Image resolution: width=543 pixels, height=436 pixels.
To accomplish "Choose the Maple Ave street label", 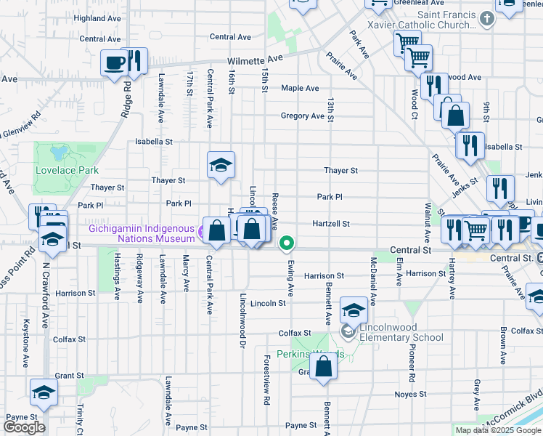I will [x=300, y=89].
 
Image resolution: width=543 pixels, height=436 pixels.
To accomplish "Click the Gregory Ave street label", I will [x=303, y=116].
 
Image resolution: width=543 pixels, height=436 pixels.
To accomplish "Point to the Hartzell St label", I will [x=332, y=224].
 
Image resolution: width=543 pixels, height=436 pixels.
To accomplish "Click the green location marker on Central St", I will [x=287, y=243].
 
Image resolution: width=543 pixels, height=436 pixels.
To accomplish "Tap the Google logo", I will [x=24, y=427].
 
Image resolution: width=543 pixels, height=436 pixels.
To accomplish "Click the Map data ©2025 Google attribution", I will [x=498, y=430].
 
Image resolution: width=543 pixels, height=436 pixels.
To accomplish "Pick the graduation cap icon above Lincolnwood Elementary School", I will [x=353, y=310].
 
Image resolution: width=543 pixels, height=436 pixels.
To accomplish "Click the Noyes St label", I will [x=411, y=394].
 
